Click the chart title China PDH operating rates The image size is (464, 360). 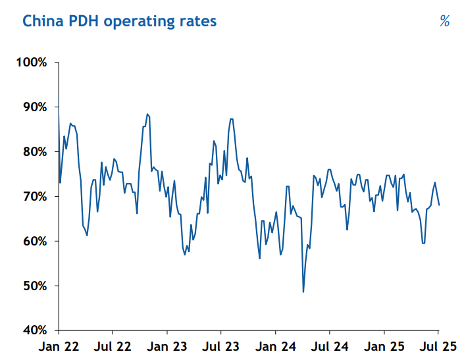click(x=119, y=21)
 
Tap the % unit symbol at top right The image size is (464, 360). click(x=444, y=21)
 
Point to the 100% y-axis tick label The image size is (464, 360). click(x=31, y=63)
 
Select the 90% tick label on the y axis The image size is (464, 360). click(x=34, y=107)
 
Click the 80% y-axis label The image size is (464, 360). click(x=34, y=152)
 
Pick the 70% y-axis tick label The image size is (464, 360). click(x=34, y=197)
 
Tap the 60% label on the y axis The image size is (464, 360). click(x=34, y=242)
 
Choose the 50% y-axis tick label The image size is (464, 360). click(x=34, y=286)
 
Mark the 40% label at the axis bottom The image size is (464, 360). click(x=34, y=330)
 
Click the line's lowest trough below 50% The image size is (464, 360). click(x=303, y=292)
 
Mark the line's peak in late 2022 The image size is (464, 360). click(x=147, y=114)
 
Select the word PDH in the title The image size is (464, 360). click(x=82, y=21)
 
